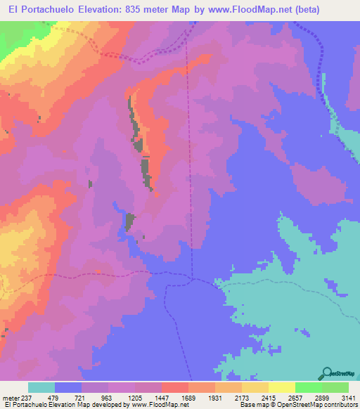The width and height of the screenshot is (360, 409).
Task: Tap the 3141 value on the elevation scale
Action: click(x=348, y=397)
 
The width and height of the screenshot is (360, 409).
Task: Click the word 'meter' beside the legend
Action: click(x=9, y=397)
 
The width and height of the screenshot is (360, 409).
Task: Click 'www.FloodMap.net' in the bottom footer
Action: click(x=157, y=405)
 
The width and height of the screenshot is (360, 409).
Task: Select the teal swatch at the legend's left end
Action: click(x=41, y=387)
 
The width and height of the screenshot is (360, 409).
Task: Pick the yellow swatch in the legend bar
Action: click(x=281, y=387)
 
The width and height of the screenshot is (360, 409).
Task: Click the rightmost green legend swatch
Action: click(x=335, y=387)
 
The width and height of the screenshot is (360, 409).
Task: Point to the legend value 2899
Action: click(x=321, y=397)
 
